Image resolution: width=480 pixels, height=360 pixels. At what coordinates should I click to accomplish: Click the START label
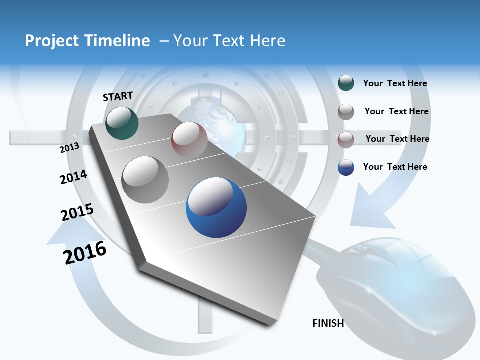pyautogui.click(x=118, y=96)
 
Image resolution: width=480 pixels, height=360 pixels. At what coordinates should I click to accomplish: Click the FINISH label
pyautogui.click(x=328, y=323)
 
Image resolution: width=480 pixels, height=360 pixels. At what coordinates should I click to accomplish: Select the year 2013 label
pyautogui.click(x=69, y=147)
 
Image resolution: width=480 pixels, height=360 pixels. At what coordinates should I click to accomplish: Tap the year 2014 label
pyautogui.click(x=73, y=177)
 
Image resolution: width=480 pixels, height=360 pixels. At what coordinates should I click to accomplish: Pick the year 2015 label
pyautogui.click(x=77, y=212)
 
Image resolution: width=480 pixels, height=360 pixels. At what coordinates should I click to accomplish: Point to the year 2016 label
pyautogui.click(x=85, y=253)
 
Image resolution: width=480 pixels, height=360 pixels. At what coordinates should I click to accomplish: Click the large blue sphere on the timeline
pyautogui.click(x=216, y=207)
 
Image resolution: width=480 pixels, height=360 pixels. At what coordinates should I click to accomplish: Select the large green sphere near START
pyautogui.click(x=122, y=123)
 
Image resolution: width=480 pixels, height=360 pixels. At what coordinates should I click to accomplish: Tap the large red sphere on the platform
pyautogui.click(x=189, y=140)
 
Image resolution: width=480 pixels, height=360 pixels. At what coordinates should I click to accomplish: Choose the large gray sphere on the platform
pyautogui.click(x=145, y=180)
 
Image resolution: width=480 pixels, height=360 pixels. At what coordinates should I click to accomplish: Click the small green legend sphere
pyautogui.click(x=346, y=83)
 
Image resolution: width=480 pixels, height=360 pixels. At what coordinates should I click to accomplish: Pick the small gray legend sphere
pyautogui.click(x=346, y=112)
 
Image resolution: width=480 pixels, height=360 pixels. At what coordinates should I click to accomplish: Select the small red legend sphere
pyautogui.click(x=346, y=139)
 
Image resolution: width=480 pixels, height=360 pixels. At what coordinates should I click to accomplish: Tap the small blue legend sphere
pyautogui.click(x=346, y=167)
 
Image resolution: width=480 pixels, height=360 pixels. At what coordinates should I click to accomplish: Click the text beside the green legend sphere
pyautogui.click(x=395, y=84)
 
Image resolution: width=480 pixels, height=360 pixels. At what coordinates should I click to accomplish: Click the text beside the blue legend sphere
pyautogui.click(x=395, y=167)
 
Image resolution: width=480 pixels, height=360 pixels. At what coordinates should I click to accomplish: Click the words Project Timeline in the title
pyautogui.click(x=87, y=41)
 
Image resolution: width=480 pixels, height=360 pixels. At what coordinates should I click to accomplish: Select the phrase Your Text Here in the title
pyautogui.click(x=229, y=41)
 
